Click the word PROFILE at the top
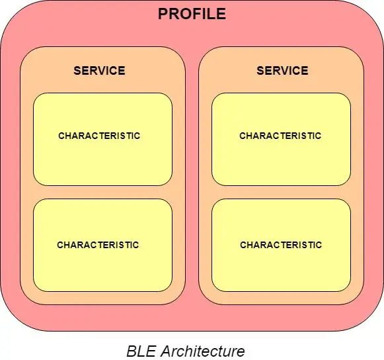[192, 14]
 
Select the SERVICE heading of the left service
[99, 71]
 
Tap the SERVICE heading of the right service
[282, 71]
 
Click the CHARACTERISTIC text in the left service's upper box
[99, 136]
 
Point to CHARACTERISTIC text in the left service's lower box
[98, 245]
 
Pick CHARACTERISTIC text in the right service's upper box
[280, 136]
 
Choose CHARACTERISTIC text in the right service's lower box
[281, 245]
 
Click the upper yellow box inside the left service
[103, 139]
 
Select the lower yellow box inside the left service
[103, 246]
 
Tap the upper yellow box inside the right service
[281, 139]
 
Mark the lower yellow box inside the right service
[281, 246]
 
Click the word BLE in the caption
[141, 351]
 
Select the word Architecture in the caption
[203, 351]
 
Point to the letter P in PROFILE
[163, 14]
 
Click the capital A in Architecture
[166, 351]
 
